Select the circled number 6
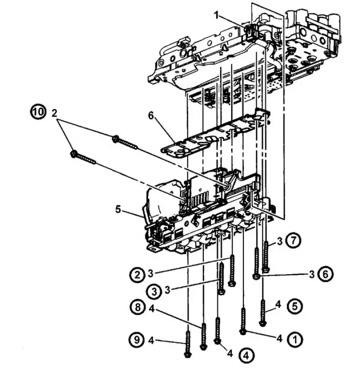(x=325, y=274)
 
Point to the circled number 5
(x=295, y=306)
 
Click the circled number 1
(x=295, y=339)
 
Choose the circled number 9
(x=136, y=340)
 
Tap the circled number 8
(x=137, y=308)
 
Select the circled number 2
(x=137, y=275)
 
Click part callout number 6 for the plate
(x=151, y=116)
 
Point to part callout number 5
(x=118, y=209)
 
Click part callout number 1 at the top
(x=217, y=16)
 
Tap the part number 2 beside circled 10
(x=54, y=114)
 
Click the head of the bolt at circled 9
(x=187, y=354)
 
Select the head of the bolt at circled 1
(x=243, y=332)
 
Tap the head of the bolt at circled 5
(x=263, y=323)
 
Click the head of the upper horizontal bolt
(x=115, y=139)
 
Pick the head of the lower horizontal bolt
(x=74, y=154)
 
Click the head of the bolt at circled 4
(x=218, y=341)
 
